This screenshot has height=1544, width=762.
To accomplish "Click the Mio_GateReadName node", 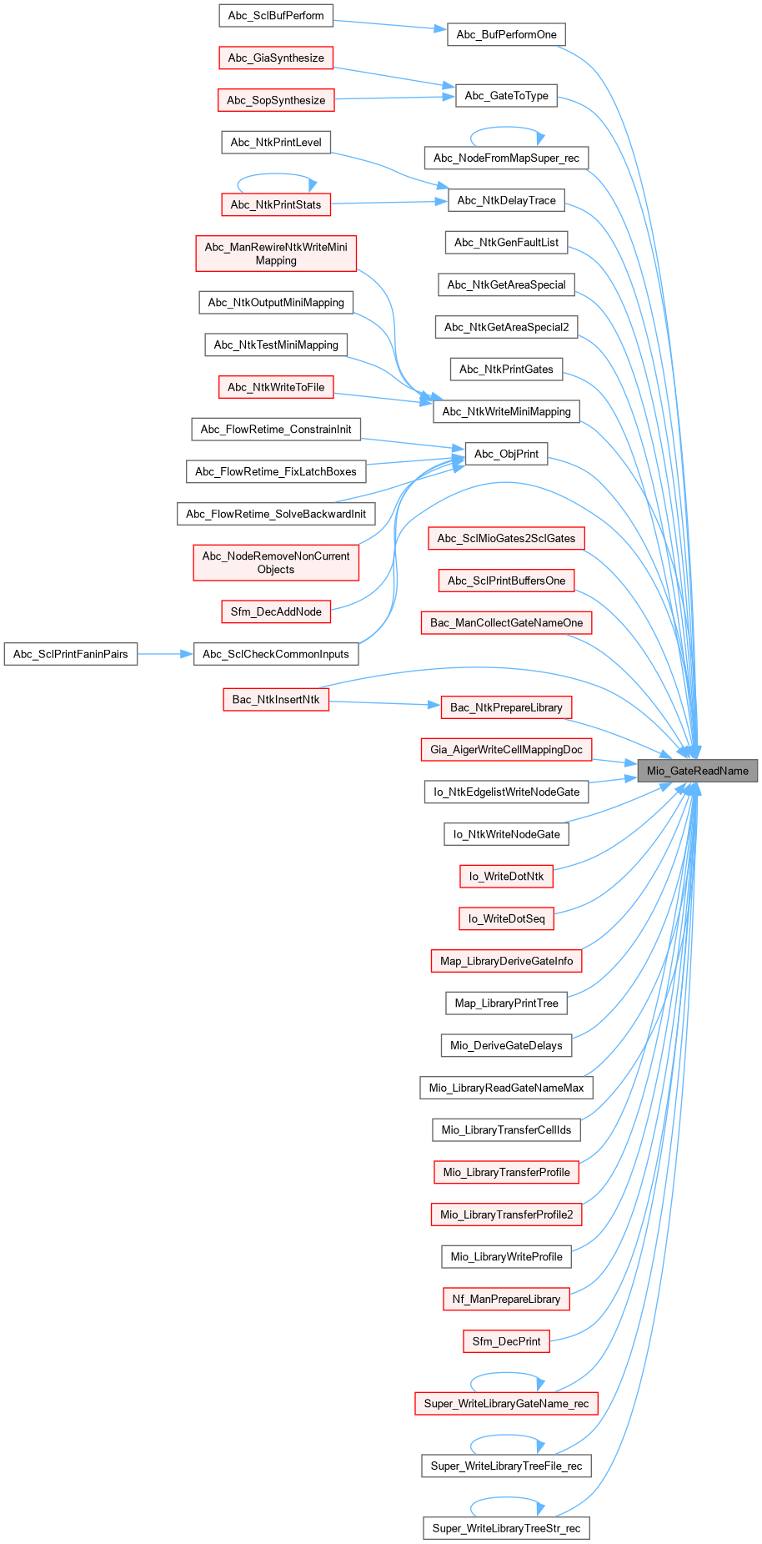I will click(x=698, y=771).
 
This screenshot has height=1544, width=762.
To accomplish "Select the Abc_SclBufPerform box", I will click(x=276, y=15).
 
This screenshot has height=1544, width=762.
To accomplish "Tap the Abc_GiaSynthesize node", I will click(x=276, y=58).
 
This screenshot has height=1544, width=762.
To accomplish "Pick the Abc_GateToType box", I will click(x=506, y=95).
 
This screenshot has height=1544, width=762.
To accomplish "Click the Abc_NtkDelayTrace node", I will click(x=506, y=200).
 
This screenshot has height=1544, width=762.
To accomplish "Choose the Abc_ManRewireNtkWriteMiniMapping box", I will click(x=276, y=254).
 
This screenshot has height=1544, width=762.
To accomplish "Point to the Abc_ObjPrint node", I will click(x=506, y=454).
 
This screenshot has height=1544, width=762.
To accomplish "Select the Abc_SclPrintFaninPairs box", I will click(x=71, y=654).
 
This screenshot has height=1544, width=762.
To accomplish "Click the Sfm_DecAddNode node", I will click(x=276, y=611).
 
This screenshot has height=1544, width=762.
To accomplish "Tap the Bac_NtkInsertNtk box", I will click(x=276, y=699).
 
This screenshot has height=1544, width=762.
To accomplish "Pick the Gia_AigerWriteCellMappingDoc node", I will click(x=506, y=749).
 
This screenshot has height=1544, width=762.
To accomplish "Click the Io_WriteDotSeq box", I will click(x=506, y=918).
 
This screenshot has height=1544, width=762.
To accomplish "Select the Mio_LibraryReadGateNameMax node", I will click(x=506, y=1088).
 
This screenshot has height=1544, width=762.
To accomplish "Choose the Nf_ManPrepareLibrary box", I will click(x=506, y=1299).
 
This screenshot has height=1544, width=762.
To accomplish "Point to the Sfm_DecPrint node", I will click(x=506, y=1341).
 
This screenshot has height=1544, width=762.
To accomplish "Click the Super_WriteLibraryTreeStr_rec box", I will click(x=506, y=1528).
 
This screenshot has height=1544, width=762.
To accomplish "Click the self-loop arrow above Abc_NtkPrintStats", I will click(x=276, y=174).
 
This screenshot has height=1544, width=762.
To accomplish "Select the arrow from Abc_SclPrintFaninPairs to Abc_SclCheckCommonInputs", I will click(x=165, y=654).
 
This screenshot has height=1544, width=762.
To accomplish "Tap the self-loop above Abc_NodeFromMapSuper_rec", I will click(x=506, y=128).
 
